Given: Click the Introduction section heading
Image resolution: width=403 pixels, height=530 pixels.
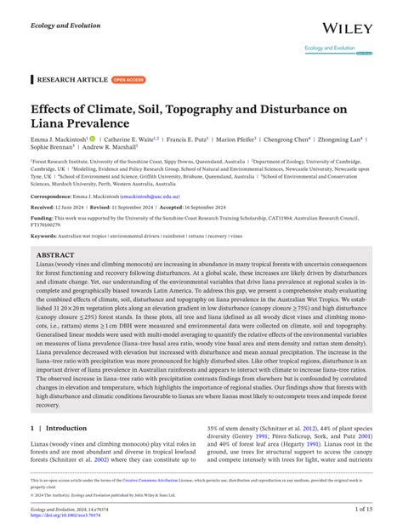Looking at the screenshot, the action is coord(65,429).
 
